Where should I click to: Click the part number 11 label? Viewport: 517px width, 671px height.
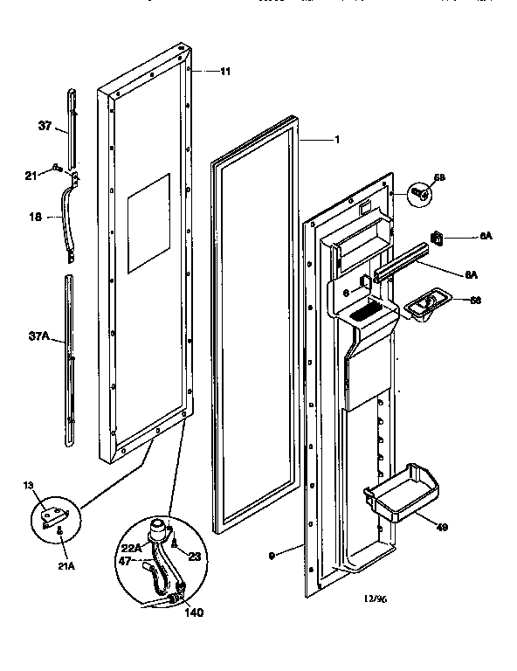pyautogui.click(x=225, y=71)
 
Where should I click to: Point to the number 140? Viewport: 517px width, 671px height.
pyautogui.click(x=195, y=612)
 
